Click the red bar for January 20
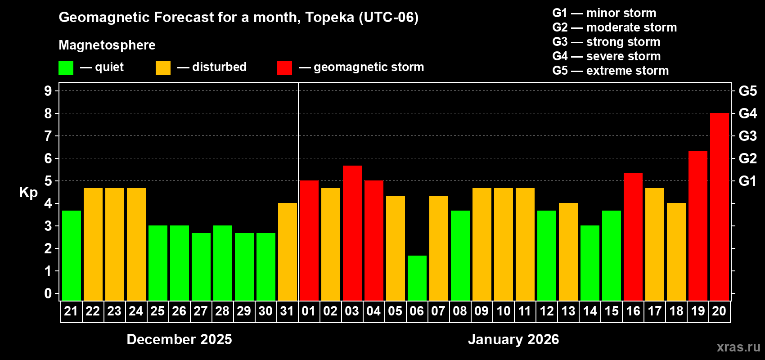[719, 207]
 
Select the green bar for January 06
[417, 278]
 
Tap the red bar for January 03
[352, 233]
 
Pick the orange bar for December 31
[287, 252]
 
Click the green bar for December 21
[71, 256]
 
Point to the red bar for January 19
[697, 225]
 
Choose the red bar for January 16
[633, 237]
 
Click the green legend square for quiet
[66, 68]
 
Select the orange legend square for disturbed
[163, 68]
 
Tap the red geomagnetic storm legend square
[284, 68]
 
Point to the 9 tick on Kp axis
[48, 91]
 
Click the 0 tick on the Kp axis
[48, 293]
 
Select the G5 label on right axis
[747, 91]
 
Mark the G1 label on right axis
[747, 181]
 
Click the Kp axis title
[28, 192]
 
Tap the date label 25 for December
[157, 311]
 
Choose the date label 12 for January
[546, 311]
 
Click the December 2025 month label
[179, 339]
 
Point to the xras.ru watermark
[738, 347]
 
